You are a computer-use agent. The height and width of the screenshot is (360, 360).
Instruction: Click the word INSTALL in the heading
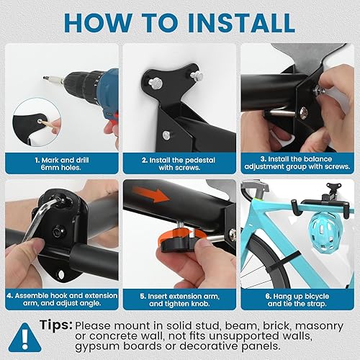tap(241, 23)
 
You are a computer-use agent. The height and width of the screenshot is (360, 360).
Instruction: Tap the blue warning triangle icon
tap(24, 338)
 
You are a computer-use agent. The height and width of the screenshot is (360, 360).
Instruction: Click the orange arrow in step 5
tap(150, 194)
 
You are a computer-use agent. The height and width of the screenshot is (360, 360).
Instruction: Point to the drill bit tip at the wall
tap(45, 78)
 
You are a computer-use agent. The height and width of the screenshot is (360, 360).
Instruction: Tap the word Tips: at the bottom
tap(56, 325)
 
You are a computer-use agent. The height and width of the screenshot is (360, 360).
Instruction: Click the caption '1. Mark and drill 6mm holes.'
tap(61, 163)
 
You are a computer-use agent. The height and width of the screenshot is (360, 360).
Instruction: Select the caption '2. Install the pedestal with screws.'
tap(179, 163)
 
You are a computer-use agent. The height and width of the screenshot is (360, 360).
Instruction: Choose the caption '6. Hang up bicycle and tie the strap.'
tap(297, 300)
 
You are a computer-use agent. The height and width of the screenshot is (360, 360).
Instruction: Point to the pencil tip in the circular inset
tap(40, 121)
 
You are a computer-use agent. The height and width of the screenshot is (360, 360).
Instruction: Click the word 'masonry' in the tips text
tap(319, 326)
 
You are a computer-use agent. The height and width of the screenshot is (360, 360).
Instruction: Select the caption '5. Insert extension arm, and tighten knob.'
tap(179, 300)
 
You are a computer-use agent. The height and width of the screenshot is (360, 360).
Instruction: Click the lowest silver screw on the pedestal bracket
tap(166, 135)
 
